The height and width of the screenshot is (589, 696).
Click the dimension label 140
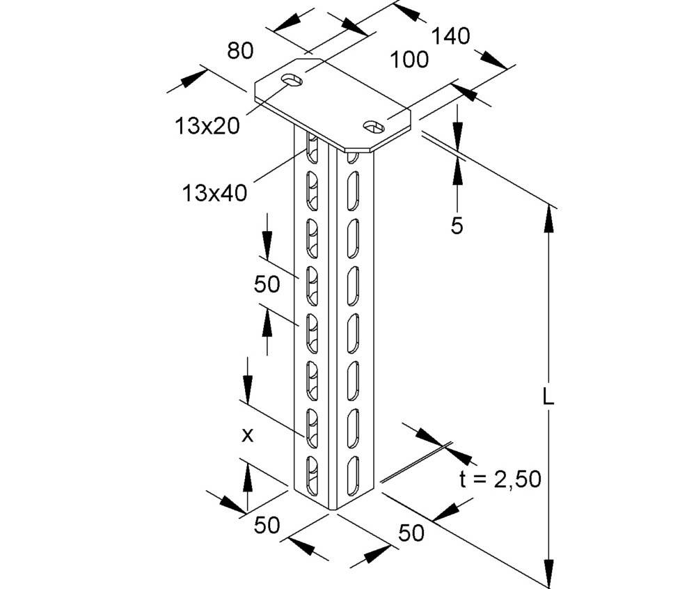point(450,36)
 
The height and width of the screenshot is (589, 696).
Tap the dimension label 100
point(409,60)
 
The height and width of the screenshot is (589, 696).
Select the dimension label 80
point(239,50)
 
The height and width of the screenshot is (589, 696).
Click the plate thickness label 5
point(457,226)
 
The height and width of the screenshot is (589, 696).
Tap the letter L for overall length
point(548,398)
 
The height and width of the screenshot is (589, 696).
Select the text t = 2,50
point(499,479)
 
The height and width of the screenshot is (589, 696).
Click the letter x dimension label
point(246,436)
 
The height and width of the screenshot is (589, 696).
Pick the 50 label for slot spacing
point(267,284)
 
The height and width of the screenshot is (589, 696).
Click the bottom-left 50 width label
point(267,526)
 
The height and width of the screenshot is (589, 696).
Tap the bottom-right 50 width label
point(411,533)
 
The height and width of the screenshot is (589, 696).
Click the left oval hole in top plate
point(293,79)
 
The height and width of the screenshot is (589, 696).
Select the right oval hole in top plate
point(374,126)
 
